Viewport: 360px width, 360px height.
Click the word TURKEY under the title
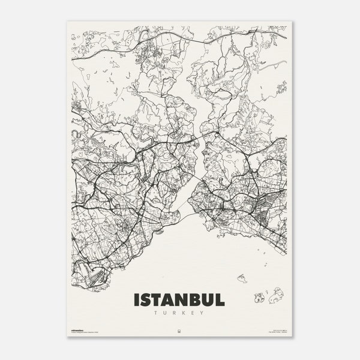tap(179, 312)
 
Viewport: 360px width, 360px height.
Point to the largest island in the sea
tap(276, 295)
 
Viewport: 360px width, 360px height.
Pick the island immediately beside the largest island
tap(260, 297)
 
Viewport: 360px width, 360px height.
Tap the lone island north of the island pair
tap(242, 278)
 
